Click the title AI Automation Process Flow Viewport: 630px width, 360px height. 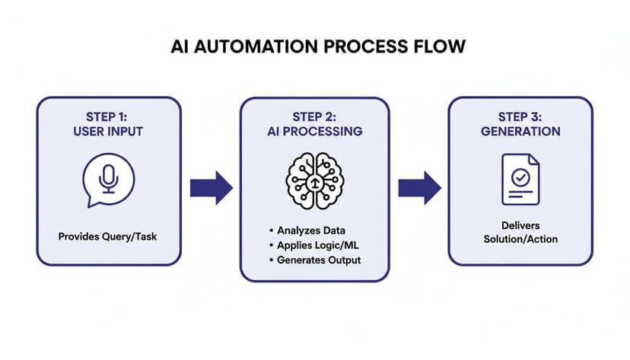[x=314, y=47]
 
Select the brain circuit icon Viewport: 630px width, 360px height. [x=314, y=180]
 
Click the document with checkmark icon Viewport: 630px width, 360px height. [x=520, y=180]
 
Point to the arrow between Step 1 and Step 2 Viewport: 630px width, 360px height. [x=211, y=188]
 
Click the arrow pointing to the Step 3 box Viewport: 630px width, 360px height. [x=419, y=188]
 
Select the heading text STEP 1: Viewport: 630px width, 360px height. [x=109, y=117]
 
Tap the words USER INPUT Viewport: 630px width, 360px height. [x=109, y=132]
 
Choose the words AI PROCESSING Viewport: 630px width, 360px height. [x=314, y=132]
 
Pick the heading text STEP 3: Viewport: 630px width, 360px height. [x=520, y=117]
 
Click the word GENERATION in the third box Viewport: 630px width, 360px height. [x=520, y=132]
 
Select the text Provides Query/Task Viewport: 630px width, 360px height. [x=109, y=237]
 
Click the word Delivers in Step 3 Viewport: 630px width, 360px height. [x=520, y=226]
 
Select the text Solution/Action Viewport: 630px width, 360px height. [x=520, y=240]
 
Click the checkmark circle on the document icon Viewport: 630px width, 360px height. [x=520, y=177]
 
